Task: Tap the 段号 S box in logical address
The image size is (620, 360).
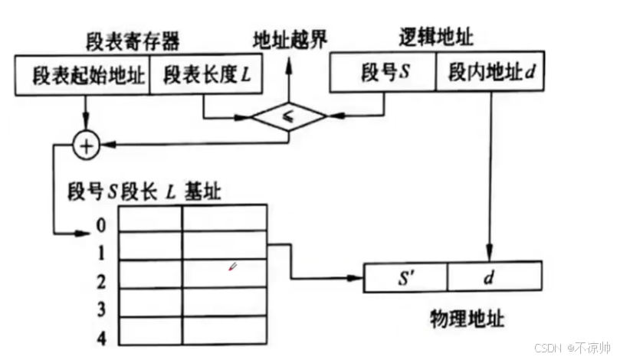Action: coord(384,74)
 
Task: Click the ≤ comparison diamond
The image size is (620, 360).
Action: coord(289,116)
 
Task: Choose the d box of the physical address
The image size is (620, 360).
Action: coord(494,276)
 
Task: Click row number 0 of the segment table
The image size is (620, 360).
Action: coord(102,227)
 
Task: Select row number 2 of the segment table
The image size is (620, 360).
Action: coord(102,282)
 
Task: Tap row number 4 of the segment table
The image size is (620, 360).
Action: coord(102,337)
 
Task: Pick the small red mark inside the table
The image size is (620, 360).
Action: coord(233,267)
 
